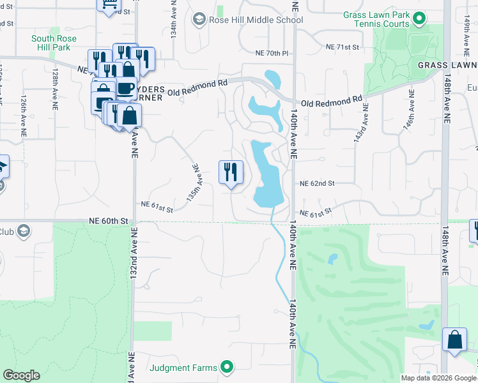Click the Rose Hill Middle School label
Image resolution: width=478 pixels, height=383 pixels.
click(256, 20)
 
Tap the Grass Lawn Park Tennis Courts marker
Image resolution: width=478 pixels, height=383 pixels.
click(419, 19)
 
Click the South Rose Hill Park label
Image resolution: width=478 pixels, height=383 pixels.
click(54, 43)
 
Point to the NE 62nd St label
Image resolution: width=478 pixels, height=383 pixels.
click(318, 183)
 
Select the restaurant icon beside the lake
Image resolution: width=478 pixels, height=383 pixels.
click(231, 172)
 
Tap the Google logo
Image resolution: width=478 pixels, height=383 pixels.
click(21, 375)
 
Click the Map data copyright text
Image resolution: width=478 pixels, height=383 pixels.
click(438, 378)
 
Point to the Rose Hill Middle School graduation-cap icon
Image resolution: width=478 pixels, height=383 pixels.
click(199, 20)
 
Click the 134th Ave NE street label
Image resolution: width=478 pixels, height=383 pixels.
click(174, 19)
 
